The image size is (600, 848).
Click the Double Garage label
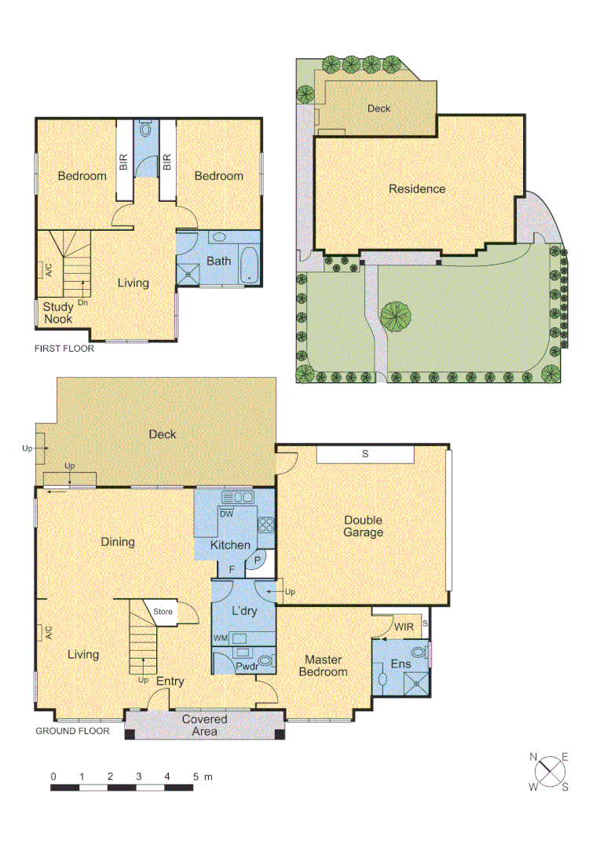363,526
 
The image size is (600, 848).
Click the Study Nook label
57,313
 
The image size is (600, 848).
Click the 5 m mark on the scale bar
196,777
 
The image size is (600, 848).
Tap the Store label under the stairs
163,611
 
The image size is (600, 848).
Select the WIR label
404,627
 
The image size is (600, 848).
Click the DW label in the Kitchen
226,514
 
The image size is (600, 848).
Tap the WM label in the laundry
221,638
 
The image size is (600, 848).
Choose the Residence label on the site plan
417,189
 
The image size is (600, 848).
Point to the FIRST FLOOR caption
64,349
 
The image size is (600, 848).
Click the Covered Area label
204,725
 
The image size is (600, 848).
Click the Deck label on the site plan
379,109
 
